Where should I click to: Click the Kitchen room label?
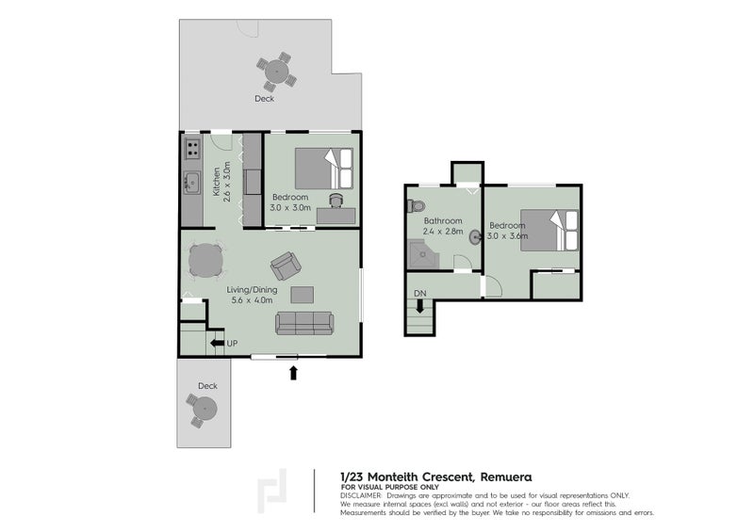coord(217,178)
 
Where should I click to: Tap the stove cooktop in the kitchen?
coord(191,148)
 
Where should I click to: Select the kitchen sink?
coord(190,182)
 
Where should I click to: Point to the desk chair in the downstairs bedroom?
coord(336,200)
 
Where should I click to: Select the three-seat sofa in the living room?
coord(303,324)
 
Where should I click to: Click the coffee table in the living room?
coord(303,295)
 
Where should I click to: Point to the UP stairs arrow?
coord(217,344)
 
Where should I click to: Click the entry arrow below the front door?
coord(293,373)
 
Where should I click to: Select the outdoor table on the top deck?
coord(274,71)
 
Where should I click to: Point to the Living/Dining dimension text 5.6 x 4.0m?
coord(252,301)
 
